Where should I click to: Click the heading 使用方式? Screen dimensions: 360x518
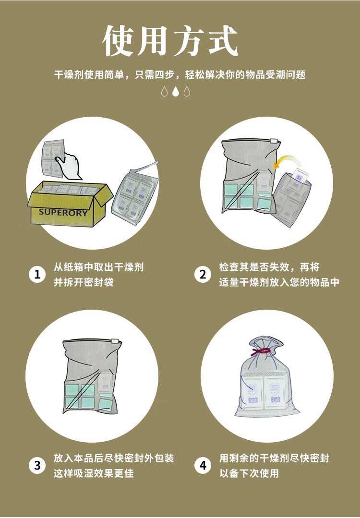pyautogui.click(x=170, y=40)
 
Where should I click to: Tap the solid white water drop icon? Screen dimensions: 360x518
pyautogui.click(x=176, y=91)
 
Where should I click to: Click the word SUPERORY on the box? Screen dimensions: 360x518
pyautogui.click(x=63, y=212)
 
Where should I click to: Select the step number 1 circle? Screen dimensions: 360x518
pyautogui.click(x=37, y=274)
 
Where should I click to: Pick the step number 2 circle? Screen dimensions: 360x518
pyautogui.click(x=203, y=274)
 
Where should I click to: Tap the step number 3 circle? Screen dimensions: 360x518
pyautogui.click(x=37, y=466)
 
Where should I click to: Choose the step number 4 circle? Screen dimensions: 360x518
pyautogui.click(x=203, y=466)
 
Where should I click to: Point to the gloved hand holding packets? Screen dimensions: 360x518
pyautogui.click(x=70, y=165)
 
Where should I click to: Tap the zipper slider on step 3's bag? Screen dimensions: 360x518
pyautogui.click(x=115, y=341)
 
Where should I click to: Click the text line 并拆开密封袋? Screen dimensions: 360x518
pyautogui.click(x=84, y=282)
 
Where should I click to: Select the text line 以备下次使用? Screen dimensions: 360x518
pyautogui.click(x=249, y=473)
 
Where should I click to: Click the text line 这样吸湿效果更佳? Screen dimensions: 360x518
pyautogui.click(x=94, y=473)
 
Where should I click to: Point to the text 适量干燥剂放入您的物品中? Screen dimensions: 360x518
pyautogui.click(x=279, y=282)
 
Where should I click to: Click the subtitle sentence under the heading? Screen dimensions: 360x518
pyautogui.click(x=180, y=75)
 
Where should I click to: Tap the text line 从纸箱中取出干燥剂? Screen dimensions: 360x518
pyautogui.click(x=98, y=267)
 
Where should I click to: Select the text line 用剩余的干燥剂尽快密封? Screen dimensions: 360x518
pyautogui.click(x=274, y=458)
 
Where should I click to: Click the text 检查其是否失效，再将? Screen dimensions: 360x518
pyautogui.click(x=269, y=267)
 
